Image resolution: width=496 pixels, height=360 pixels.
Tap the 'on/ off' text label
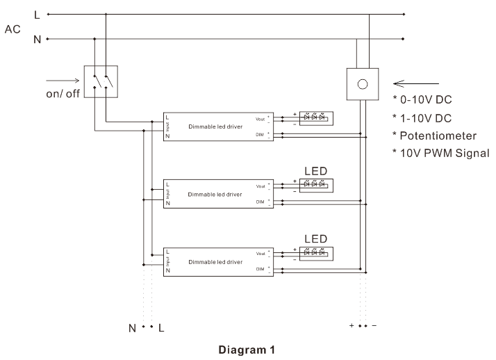click(x=63, y=94)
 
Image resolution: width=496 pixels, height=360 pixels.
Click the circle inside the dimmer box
click(x=361, y=84)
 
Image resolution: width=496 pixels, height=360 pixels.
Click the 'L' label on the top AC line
click(x=37, y=14)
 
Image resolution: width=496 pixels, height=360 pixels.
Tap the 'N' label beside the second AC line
click(x=37, y=39)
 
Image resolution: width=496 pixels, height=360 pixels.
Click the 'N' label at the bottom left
click(x=132, y=327)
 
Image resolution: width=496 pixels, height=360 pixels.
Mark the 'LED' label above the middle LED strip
click(x=316, y=170)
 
